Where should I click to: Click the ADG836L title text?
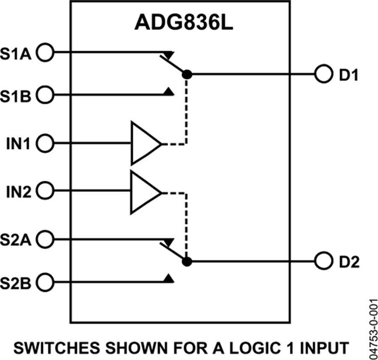click(184, 23)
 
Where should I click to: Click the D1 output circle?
click(323, 75)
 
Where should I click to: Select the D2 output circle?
click(323, 261)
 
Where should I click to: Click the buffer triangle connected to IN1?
click(144, 144)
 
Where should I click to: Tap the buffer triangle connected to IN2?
click(144, 192)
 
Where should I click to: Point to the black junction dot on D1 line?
click(187, 75)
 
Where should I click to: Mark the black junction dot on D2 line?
click(187, 261)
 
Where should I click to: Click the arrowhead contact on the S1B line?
click(169, 91)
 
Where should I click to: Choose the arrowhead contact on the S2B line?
click(169, 278)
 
